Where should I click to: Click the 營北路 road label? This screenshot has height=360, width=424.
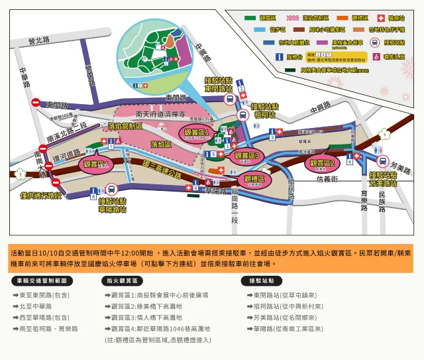click(x=39, y=41)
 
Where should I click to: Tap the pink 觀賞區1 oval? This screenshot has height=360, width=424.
click(x=197, y=135)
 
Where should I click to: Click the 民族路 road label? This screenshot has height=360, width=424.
click(x=382, y=200)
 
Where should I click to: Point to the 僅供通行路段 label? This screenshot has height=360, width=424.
click(x=41, y=196)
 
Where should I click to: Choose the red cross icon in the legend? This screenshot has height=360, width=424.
click(x=380, y=17)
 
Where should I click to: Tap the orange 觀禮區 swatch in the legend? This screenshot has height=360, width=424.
click(x=343, y=17)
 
